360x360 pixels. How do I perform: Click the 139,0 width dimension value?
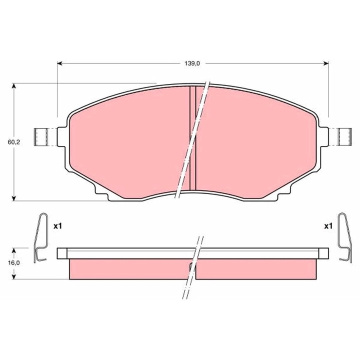tap(192, 63)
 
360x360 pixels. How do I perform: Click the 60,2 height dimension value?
tap(13, 142)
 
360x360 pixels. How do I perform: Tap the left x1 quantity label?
tap(57, 226)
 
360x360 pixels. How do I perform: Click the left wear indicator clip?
tap(41, 237)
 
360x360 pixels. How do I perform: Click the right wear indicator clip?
tap(343, 237)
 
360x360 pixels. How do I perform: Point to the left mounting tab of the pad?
tap(42, 136)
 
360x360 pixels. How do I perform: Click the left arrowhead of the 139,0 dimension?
tap(60, 63)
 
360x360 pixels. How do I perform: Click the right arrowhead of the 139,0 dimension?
tap(325, 63)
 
